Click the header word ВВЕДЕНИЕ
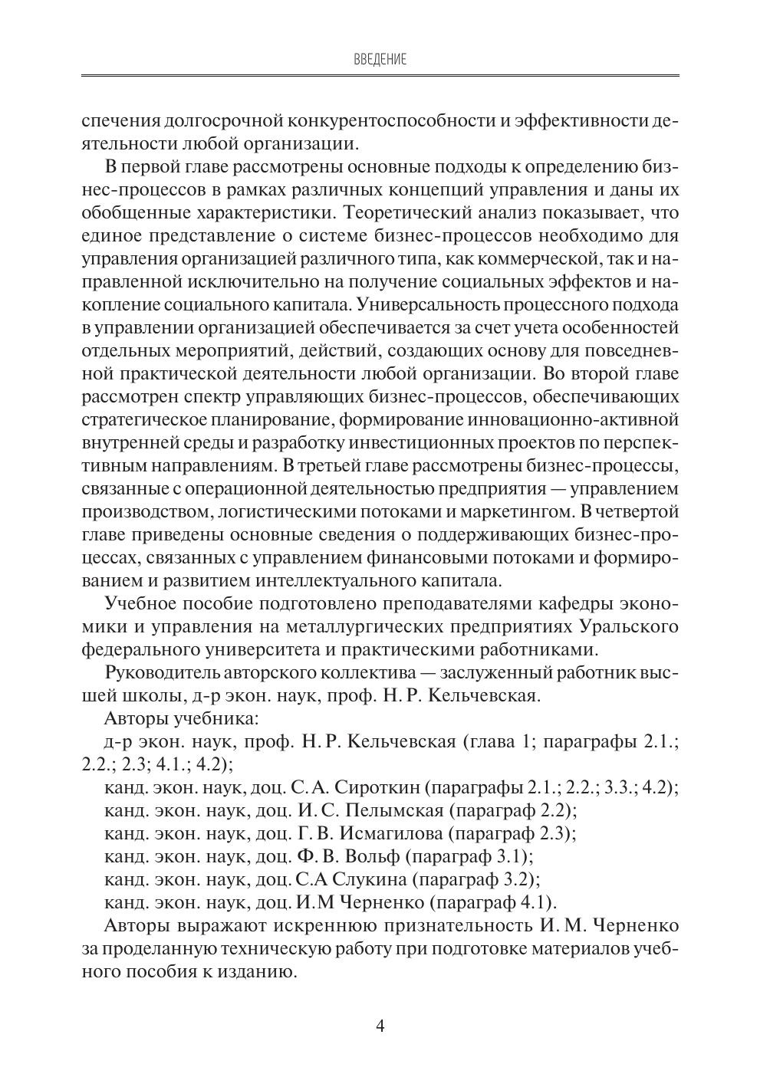380,59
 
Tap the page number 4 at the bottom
380,1026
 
